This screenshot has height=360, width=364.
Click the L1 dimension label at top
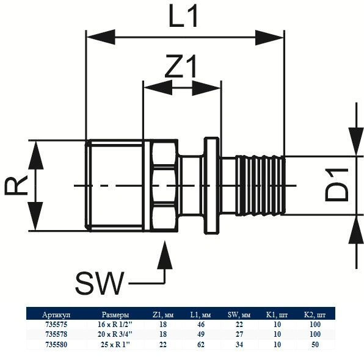click(183, 16)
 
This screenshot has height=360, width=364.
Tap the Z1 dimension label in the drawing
click(181, 66)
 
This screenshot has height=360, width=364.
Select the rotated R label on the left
click(16, 185)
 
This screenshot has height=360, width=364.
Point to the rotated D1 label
click(337, 185)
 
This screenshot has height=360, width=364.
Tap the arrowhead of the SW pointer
click(165, 255)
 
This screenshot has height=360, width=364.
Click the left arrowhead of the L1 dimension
click(101, 37)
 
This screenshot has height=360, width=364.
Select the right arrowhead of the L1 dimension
click(269, 37)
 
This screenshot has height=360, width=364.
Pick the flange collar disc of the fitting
click(211, 185)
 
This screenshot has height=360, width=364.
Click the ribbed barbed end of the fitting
click(260, 185)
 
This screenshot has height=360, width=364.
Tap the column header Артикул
click(56, 315)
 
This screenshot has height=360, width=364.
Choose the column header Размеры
click(115, 315)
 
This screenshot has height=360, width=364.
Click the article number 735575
click(56, 324)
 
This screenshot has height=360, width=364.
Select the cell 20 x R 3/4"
click(115, 334)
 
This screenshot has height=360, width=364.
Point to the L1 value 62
click(201, 345)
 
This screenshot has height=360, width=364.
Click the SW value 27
click(239, 334)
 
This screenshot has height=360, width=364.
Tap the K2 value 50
click(315, 345)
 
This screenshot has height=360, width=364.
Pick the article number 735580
click(56, 345)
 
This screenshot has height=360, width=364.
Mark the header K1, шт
click(277, 315)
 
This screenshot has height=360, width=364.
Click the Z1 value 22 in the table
click(163, 345)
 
